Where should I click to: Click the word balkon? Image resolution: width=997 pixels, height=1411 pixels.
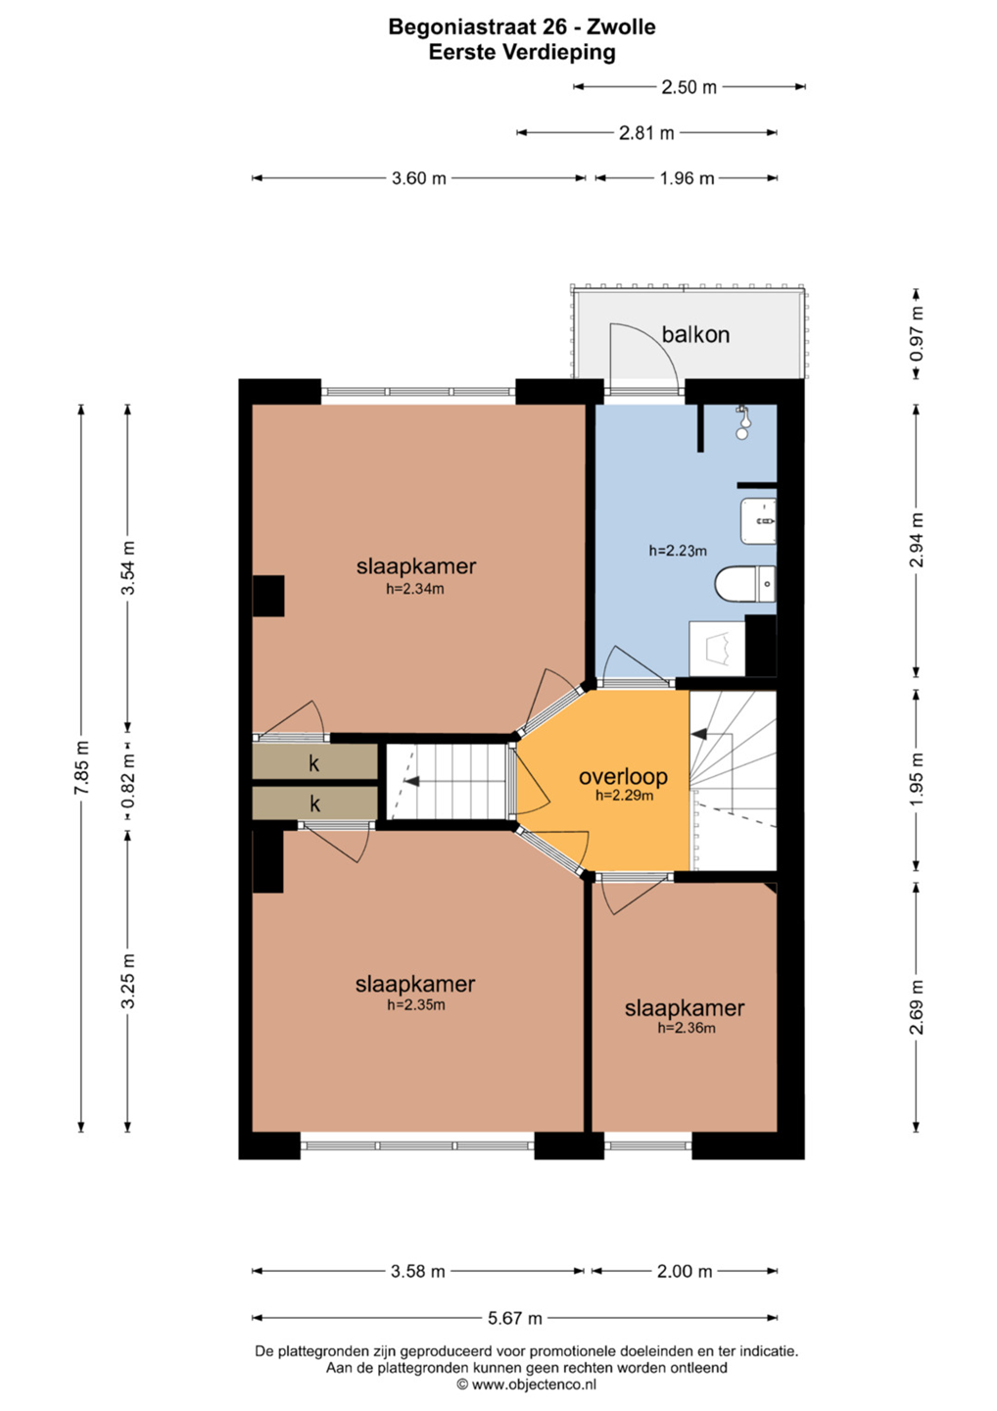pyautogui.click(x=695, y=334)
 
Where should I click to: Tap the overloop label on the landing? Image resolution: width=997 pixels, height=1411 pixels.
pyautogui.click(x=623, y=777)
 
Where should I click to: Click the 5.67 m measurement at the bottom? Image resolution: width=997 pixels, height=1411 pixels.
pyautogui.click(x=515, y=1318)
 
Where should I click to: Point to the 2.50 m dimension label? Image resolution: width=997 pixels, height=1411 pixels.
pyautogui.click(x=689, y=87)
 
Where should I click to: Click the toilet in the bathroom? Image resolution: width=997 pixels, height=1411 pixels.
pyautogui.click(x=745, y=584)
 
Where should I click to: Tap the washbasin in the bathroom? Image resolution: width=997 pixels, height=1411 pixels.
pyautogui.click(x=758, y=521)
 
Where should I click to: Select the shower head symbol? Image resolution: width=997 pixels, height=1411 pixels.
pyautogui.click(x=743, y=421)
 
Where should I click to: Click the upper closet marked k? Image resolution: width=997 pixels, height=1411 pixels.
pyautogui.click(x=314, y=761)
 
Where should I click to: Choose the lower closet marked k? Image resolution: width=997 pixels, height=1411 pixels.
pyautogui.click(x=314, y=803)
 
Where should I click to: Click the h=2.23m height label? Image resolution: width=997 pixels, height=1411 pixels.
pyautogui.click(x=678, y=551)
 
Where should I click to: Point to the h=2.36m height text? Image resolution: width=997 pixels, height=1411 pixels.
pyautogui.click(x=687, y=1028)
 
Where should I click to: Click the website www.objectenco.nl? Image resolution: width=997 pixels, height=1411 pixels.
pyautogui.click(x=534, y=1385)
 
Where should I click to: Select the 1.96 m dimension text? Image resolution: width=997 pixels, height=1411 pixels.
pyautogui.click(x=687, y=179)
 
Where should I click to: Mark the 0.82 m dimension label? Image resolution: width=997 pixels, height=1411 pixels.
pyautogui.click(x=129, y=781)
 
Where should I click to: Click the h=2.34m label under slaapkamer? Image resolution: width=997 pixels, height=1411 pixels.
pyautogui.click(x=415, y=590)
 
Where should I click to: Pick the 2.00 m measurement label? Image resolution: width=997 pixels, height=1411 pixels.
pyautogui.click(x=685, y=1272)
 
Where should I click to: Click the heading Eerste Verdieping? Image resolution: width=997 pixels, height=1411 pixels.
pyautogui.click(x=522, y=52)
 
